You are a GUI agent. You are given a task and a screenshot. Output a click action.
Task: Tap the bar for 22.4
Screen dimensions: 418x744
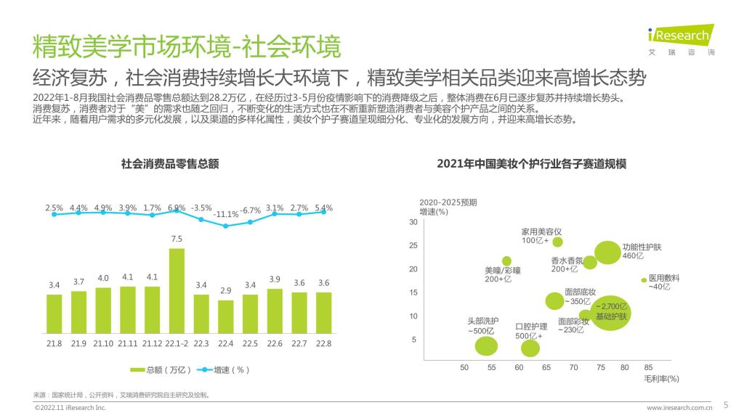(226, 317)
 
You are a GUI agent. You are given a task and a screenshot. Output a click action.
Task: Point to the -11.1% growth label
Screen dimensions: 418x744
(226, 214)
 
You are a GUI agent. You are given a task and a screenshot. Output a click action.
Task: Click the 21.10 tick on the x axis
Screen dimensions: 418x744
(103, 343)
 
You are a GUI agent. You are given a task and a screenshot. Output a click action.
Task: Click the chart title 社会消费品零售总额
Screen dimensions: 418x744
(170, 164)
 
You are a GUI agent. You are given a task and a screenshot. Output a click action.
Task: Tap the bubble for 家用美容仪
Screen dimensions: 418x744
(558, 242)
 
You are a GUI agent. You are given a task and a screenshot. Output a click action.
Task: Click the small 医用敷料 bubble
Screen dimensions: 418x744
(643, 280)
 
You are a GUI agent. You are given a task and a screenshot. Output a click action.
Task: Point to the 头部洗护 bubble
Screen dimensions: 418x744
(486, 345)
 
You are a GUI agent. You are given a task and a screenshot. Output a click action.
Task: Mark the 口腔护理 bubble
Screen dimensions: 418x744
(530, 348)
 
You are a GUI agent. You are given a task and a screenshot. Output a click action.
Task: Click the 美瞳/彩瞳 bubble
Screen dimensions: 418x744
(506, 261)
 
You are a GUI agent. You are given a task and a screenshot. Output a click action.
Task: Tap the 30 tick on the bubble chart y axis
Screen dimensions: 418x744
(413, 222)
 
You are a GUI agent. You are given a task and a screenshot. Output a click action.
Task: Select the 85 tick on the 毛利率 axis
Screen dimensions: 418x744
(648, 367)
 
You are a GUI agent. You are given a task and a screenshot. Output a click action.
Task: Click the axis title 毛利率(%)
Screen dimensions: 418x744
(661, 378)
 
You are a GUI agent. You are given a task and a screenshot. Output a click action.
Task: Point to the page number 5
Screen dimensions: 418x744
(726, 404)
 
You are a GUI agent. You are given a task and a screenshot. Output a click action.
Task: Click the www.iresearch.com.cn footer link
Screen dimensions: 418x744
(679, 408)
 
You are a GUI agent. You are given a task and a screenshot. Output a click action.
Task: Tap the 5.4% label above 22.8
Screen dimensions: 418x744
(324, 208)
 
